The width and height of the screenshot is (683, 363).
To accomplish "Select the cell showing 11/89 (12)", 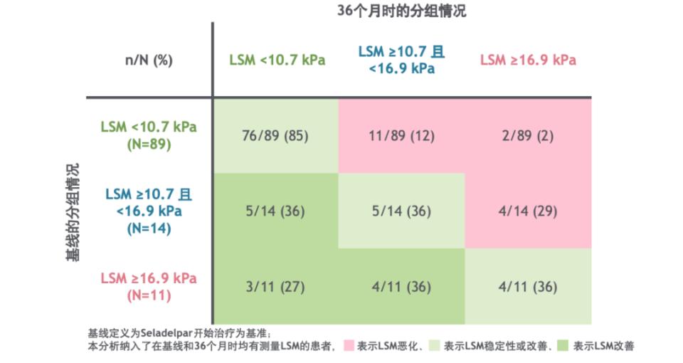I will click(x=401, y=136).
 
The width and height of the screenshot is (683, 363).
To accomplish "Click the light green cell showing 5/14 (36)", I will click(x=401, y=211).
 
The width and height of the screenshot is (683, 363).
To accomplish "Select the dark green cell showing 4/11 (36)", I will click(x=401, y=288).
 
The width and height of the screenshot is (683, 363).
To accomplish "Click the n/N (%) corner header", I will click(x=149, y=60).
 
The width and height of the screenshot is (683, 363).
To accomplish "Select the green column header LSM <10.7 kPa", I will click(x=277, y=60).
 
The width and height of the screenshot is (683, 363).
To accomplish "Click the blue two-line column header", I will click(x=401, y=60).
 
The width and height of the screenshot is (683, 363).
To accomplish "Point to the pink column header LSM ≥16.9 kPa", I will click(x=528, y=60).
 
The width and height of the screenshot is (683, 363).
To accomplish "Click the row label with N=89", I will click(x=148, y=135).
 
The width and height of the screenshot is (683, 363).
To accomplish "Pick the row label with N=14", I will click(x=148, y=211).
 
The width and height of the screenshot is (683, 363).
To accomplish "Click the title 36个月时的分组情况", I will click(x=401, y=11).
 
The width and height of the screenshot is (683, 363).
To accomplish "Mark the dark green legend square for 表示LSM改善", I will click(x=562, y=346).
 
